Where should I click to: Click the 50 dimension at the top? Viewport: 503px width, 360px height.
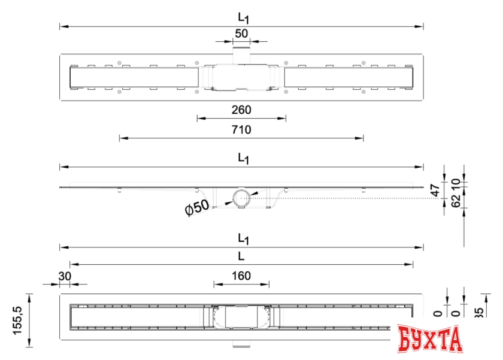coord(241,33)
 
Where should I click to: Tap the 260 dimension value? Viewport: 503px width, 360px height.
coord(241,110)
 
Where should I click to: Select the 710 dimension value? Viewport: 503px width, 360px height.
coord(241,129)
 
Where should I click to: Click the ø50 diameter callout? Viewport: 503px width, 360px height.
coord(197,208)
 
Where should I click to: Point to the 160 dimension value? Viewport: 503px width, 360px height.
coord(241,276)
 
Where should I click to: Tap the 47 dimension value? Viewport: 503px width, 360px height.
coord(436,190)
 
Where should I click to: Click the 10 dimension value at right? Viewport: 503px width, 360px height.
coord(455,182)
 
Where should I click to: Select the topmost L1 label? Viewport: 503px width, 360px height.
coord(243,18)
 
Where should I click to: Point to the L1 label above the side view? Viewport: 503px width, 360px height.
coord(243,158)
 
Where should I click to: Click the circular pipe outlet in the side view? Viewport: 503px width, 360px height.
coord(241,197)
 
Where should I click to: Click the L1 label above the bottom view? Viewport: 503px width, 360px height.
coord(243,238)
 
